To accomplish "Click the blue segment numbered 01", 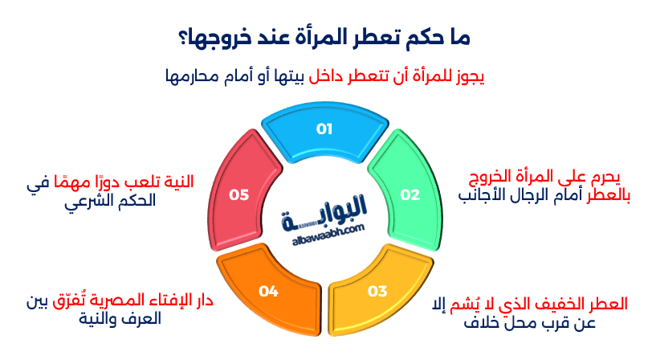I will click(324, 130).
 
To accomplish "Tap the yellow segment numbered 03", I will click(377, 291).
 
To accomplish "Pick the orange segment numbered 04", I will click(269, 291).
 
